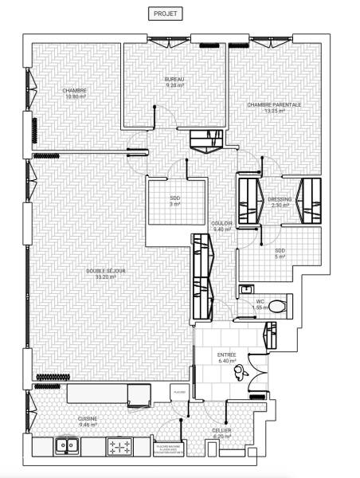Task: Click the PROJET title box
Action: point(167,14)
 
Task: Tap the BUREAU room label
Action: point(174,81)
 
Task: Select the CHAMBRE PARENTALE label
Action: point(274,104)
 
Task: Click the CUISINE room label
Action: point(88,418)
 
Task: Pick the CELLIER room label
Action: point(221,430)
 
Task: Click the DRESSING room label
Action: point(280,199)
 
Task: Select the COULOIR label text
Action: point(221,223)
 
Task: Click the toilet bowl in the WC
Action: point(276,304)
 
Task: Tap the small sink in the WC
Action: point(247,289)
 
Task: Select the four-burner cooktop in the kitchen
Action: point(121,446)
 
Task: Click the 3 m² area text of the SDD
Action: point(174,205)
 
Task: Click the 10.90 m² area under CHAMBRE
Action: point(74,96)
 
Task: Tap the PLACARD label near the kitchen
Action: point(180,392)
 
